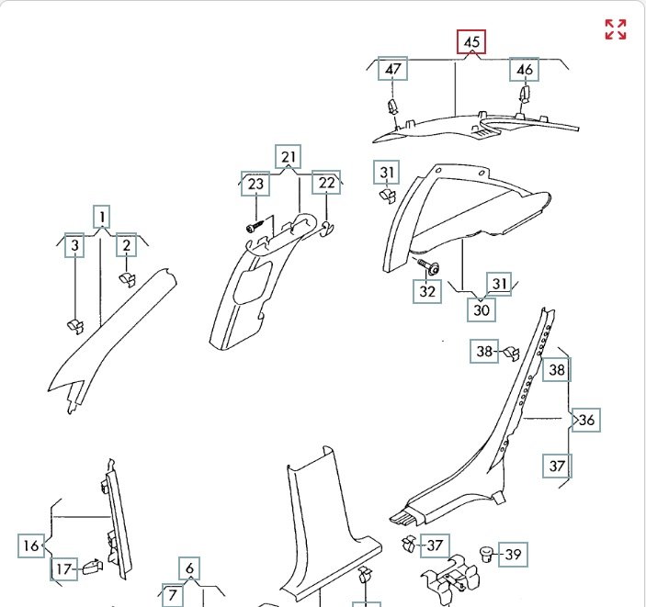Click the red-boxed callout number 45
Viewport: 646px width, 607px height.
tap(471, 42)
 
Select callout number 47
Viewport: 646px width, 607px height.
tap(393, 70)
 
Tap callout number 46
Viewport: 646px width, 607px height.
tap(525, 70)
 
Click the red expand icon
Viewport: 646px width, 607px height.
tap(615, 29)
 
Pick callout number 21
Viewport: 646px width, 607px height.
tap(289, 156)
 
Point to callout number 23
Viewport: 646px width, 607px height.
tap(255, 184)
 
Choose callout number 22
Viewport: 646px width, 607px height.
tap(326, 184)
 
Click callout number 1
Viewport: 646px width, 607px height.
tap(101, 217)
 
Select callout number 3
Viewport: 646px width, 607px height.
tap(75, 245)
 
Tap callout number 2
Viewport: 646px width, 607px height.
tap(126, 245)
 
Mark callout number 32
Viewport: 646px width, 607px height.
tap(428, 291)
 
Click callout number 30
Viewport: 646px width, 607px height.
tap(482, 309)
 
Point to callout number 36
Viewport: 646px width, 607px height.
tap(586, 421)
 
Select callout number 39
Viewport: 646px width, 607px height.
tap(514, 554)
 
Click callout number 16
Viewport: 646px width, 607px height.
tap(31, 545)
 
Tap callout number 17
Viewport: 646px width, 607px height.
tap(63, 569)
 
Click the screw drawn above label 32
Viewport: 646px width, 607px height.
tap(428, 266)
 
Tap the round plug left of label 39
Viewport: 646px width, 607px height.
tap(487, 553)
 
